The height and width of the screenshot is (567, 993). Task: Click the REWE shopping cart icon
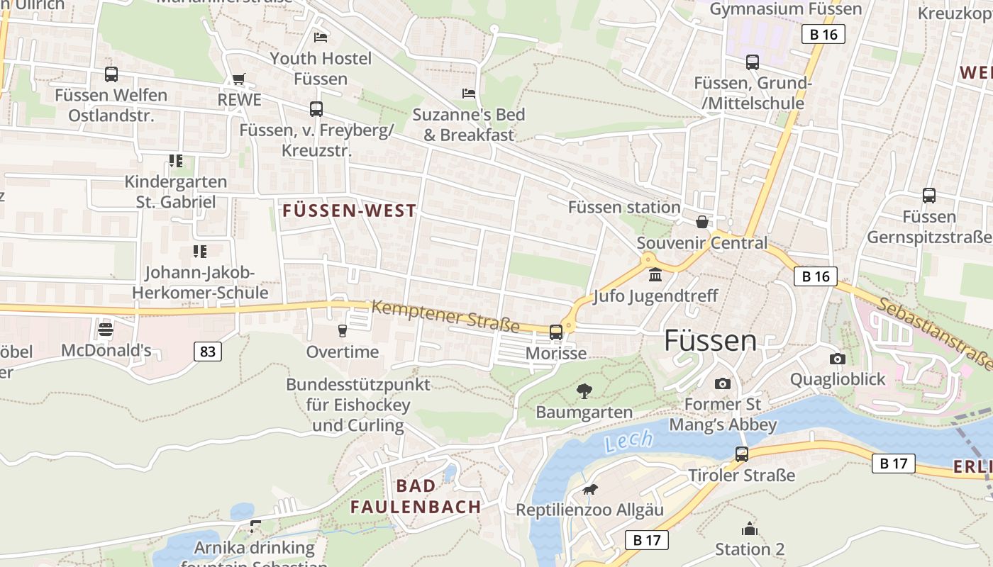click(x=239, y=79)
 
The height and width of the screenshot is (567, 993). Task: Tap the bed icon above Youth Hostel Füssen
click(x=321, y=37)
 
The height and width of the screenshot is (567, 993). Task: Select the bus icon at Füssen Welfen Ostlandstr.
click(x=111, y=74)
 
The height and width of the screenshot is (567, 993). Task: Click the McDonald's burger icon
click(x=106, y=329)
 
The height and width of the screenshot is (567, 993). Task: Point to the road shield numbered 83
click(x=207, y=351)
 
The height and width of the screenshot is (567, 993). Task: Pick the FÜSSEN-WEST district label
click(x=350, y=210)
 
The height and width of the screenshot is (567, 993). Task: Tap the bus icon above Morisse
click(x=556, y=332)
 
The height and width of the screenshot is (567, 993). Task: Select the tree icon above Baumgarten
click(x=584, y=391)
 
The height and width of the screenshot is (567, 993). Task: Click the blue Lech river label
click(x=628, y=441)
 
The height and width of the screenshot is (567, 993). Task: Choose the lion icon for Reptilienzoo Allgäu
click(x=590, y=489)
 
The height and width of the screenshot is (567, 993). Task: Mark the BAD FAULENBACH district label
click(x=416, y=496)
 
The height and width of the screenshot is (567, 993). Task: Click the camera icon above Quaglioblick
click(x=838, y=359)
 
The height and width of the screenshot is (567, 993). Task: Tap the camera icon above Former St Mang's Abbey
click(x=723, y=383)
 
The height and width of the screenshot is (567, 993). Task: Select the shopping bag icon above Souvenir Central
click(x=702, y=222)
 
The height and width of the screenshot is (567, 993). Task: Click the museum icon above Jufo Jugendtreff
click(x=655, y=274)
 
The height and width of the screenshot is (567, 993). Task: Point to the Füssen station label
click(x=624, y=207)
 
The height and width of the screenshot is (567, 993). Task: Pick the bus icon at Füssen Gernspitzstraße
click(x=929, y=196)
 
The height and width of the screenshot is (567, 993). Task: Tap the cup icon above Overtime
click(x=343, y=330)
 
